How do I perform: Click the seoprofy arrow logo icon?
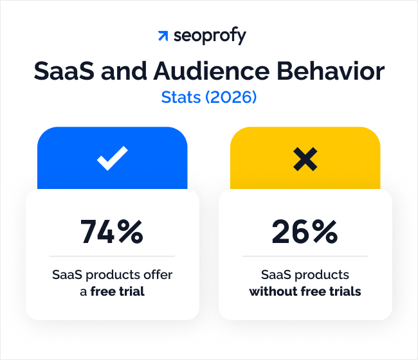163,36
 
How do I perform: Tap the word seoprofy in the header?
210,37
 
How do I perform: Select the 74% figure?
112,231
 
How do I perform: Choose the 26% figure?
305,231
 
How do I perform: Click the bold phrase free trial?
117,291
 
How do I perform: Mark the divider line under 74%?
112,256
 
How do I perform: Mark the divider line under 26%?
305,256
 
